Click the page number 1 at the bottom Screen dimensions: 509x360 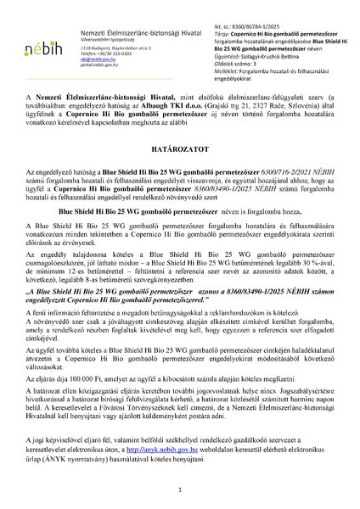tap(180, 490)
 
